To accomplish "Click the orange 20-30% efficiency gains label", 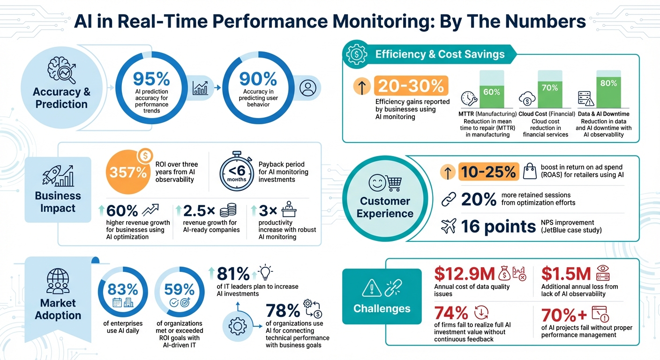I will click(x=411, y=86).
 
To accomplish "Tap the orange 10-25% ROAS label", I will click(x=488, y=172).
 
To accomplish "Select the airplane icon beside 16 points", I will click(x=449, y=226).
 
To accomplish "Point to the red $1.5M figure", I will click(x=565, y=273).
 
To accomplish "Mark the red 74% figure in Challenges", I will click(x=451, y=313).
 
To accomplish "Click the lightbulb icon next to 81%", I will click(x=265, y=273).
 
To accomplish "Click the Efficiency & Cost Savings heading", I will click(x=440, y=54).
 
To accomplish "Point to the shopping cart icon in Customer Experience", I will click(x=392, y=183).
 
